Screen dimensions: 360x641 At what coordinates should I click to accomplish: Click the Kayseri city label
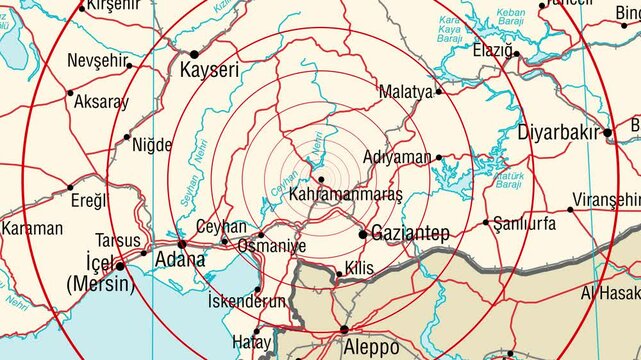tap(209, 71)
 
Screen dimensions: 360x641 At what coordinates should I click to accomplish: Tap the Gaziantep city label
tap(411, 234)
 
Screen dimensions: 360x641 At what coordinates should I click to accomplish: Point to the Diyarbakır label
tap(557, 133)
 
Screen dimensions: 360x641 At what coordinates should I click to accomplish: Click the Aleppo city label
tap(370, 347)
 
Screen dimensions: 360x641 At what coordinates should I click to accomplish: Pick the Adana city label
tap(180, 260)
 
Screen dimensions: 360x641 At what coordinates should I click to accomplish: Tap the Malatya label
tap(406, 92)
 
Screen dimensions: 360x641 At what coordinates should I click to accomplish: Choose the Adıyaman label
tap(396, 158)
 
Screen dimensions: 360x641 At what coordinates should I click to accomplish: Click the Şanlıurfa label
tap(525, 224)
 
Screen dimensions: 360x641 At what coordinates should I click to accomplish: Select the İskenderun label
tap(246, 301)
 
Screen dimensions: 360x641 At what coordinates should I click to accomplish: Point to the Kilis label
tap(358, 268)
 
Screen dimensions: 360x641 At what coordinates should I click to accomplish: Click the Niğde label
tap(152, 145)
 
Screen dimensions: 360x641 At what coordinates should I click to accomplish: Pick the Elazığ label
tap(492, 50)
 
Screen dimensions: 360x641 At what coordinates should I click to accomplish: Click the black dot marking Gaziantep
tap(363, 234)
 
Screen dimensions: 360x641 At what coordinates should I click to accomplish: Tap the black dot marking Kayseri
tap(194, 54)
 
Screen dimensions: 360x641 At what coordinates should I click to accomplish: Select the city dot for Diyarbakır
tap(607, 132)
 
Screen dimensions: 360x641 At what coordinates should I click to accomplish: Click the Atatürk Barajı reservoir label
tap(509, 179)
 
